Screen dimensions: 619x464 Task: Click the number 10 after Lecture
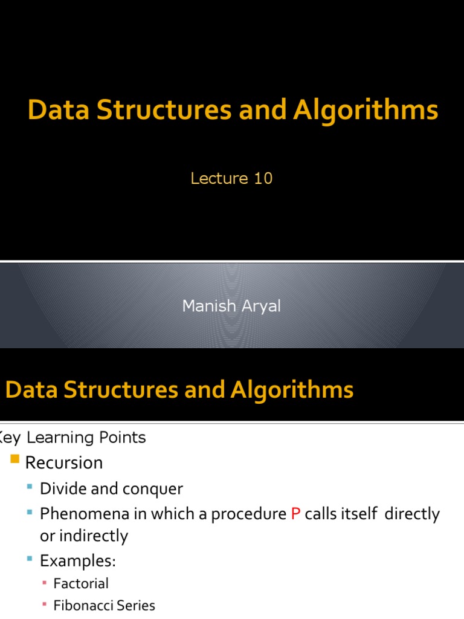263,178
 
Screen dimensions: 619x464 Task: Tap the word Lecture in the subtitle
219,178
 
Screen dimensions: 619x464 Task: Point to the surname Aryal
260,306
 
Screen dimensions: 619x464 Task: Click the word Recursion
63,463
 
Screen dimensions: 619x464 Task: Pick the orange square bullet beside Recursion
16,461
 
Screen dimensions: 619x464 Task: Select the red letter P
295,514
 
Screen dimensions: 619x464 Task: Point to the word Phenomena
80,514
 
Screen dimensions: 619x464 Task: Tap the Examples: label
77,561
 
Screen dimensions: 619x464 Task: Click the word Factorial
81,584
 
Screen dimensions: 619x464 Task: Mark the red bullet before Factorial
45,583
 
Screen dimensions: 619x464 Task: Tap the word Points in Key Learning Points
125,437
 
